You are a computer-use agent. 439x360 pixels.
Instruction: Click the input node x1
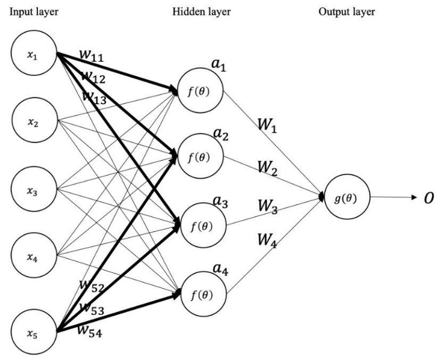(34, 55)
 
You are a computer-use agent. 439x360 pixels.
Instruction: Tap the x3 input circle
(34, 189)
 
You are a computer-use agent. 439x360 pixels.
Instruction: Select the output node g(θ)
(346, 198)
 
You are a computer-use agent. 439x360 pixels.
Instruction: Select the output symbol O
(428, 198)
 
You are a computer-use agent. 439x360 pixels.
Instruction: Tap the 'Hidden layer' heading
(201, 12)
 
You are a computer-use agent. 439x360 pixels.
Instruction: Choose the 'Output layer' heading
(347, 12)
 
